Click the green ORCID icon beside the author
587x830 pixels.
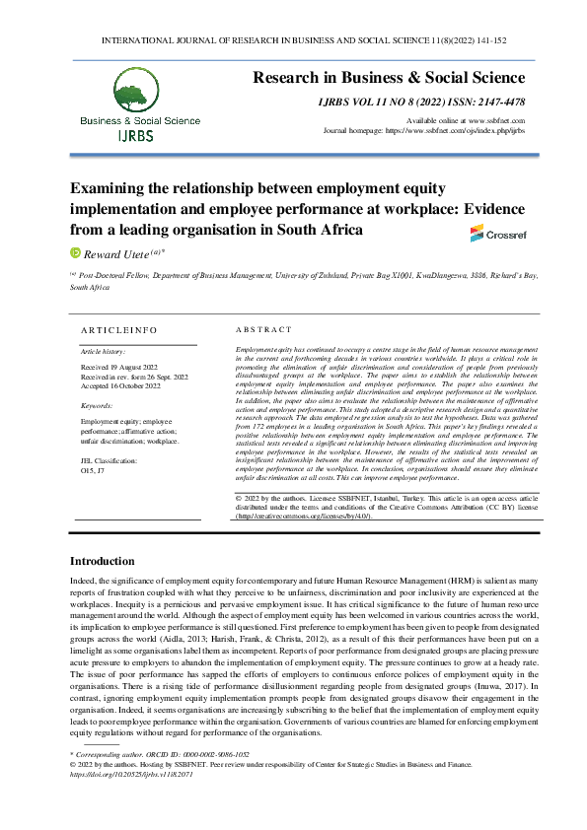(x=74, y=253)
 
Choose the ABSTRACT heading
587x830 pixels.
(x=264, y=329)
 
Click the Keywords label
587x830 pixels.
(x=97, y=405)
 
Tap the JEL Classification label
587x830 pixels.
(x=109, y=460)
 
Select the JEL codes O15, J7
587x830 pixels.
(x=93, y=470)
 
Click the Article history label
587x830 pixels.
(x=103, y=350)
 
